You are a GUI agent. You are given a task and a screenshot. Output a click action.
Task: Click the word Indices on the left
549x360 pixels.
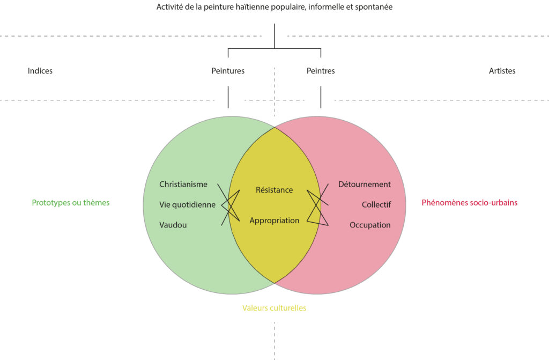[40, 71]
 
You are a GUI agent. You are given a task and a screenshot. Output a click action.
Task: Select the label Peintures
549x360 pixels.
[228, 71]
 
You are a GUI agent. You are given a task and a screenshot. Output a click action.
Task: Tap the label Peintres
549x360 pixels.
[321, 71]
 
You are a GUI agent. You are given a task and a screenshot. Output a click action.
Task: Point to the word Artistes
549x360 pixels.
[502, 71]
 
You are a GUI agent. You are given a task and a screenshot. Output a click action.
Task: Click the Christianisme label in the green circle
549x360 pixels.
[183, 185]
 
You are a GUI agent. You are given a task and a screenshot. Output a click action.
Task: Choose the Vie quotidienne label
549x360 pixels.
[187, 204]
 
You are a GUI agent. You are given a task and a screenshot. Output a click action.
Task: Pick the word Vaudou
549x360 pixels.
[173, 225]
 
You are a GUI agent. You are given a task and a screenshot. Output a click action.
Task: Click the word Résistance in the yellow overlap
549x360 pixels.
[274, 190]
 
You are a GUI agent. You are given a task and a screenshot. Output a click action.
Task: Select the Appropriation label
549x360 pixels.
[274, 221]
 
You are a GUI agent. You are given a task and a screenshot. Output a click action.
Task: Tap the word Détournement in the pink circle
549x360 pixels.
[364, 185]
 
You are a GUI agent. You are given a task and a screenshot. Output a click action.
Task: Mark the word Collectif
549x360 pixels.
[376, 204]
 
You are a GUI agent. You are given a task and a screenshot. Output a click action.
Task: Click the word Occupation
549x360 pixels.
[370, 225]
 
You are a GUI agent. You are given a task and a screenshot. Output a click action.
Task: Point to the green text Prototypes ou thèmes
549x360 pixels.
[71, 203]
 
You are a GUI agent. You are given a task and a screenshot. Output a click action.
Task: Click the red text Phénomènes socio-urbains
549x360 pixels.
[469, 203]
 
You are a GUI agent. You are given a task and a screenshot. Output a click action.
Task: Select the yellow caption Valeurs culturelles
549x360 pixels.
[274, 308]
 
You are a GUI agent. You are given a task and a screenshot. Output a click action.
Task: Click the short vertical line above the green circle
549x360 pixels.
[228, 97]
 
